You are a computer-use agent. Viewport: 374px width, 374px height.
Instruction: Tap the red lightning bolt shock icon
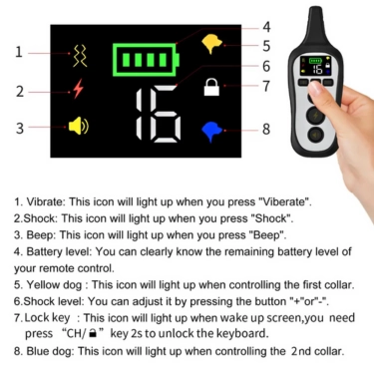(x=78, y=90)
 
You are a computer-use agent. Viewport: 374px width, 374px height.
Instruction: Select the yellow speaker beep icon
(x=79, y=127)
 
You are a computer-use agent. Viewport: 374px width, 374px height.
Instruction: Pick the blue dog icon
(x=212, y=130)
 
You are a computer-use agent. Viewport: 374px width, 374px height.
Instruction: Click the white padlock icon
(x=210, y=88)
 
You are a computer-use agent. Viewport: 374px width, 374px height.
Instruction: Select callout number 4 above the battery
(x=266, y=27)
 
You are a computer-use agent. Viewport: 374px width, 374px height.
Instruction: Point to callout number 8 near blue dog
(x=266, y=129)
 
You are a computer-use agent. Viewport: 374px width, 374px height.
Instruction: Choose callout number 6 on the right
(x=266, y=66)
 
